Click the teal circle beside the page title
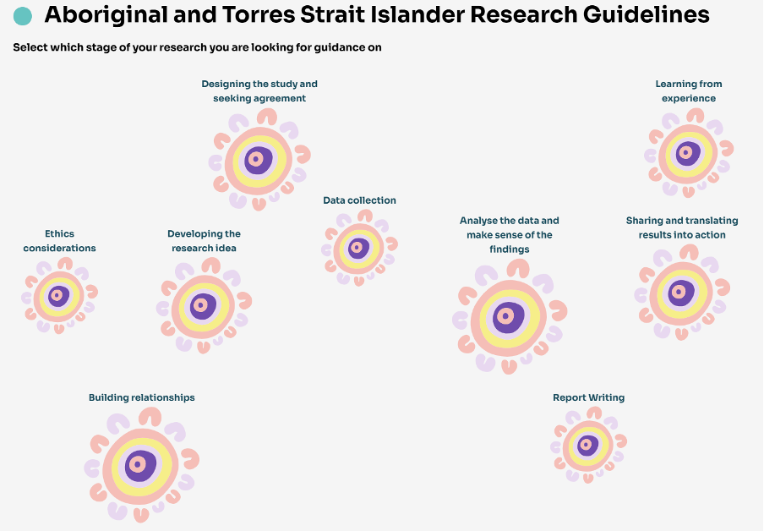[x=24, y=16]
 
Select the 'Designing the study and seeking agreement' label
[x=259, y=91]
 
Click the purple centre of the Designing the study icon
[x=259, y=159]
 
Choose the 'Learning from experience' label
[x=688, y=91]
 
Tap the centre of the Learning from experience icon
[x=686, y=153]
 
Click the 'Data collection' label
[x=359, y=200]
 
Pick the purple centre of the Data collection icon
[x=358, y=248]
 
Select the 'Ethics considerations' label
[x=59, y=241]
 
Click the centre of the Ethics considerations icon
[x=58, y=296]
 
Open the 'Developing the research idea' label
[x=204, y=241]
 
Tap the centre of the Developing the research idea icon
[x=202, y=305]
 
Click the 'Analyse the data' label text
[x=509, y=235]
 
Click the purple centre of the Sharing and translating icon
[x=681, y=293]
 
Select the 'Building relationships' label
[x=142, y=397]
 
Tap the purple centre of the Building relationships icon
[x=140, y=465]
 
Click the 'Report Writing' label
[x=588, y=397]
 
